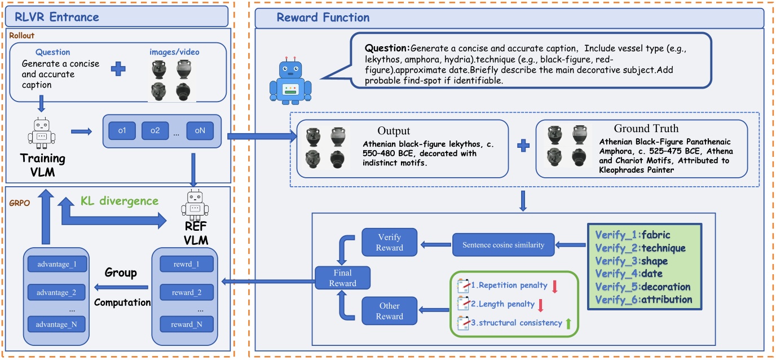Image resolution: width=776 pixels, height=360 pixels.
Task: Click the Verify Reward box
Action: pos(390,243)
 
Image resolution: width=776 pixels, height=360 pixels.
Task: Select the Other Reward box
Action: pos(390,311)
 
